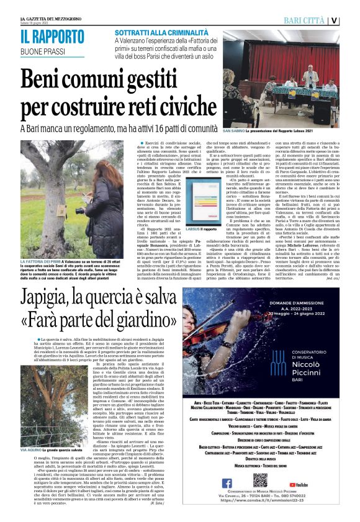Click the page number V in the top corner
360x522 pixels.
pos(351,20)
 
